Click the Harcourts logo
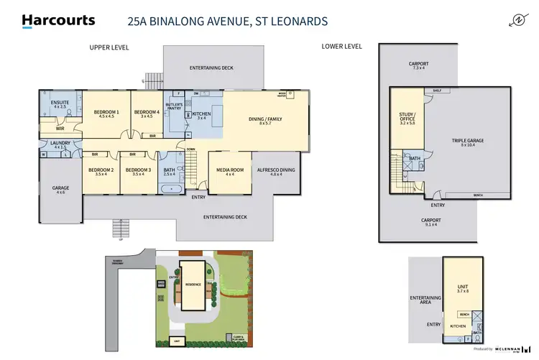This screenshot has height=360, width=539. click(x=58, y=21)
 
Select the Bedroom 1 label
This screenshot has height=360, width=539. click(x=108, y=114)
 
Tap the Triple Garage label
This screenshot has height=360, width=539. click(x=463, y=142)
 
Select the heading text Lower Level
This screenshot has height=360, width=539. click(x=342, y=47)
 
